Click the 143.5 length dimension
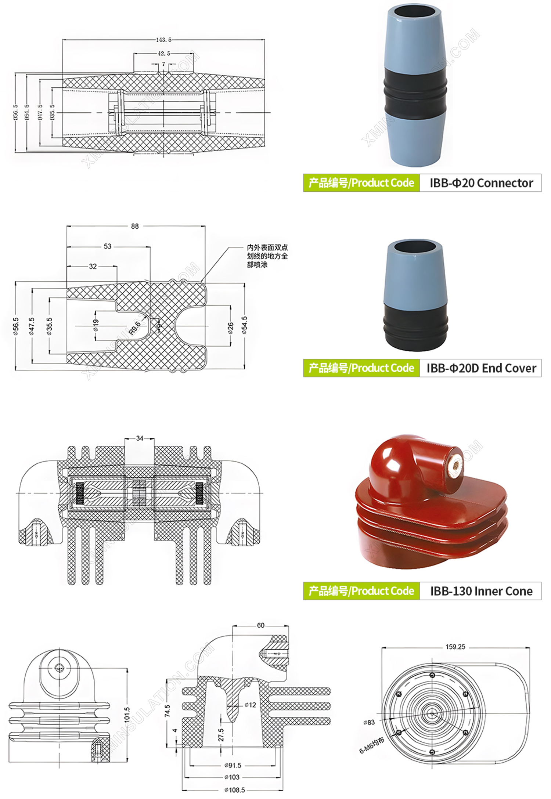(163, 39)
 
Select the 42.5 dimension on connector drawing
(164, 53)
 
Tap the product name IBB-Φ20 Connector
(481, 183)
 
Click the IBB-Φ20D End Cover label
(481, 368)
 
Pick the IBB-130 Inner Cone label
(481, 591)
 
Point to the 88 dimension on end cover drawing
(135, 226)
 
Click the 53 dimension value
(107, 246)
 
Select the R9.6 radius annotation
(135, 328)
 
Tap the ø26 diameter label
(230, 328)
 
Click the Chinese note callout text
(267, 256)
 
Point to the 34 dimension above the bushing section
(140, 438)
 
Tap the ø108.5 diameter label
(234, 789)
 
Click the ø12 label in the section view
(250, 705)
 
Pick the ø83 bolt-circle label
(369, 722)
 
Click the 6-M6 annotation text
(371, 745)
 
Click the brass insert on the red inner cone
(455, 467)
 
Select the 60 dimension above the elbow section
(260, 625)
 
